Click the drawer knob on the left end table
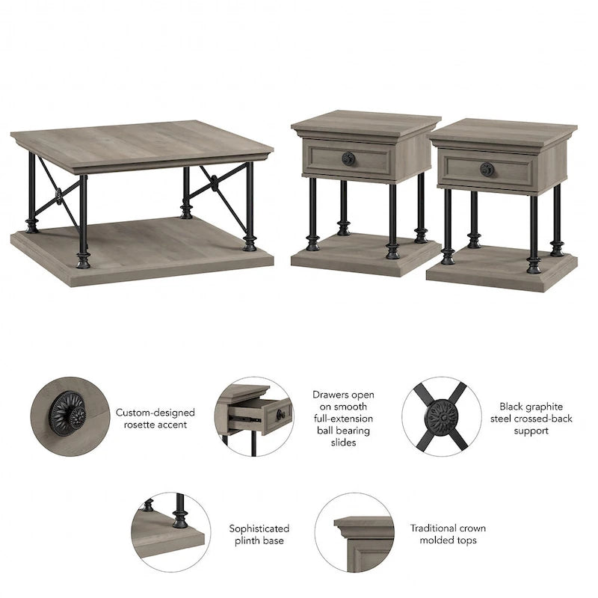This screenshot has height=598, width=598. click(x=348, y=158)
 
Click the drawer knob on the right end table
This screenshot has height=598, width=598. click(x=487, y=169)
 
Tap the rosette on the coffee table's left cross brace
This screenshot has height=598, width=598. click(x=58, y=196)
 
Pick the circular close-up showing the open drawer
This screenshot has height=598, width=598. click(x=253, y=416)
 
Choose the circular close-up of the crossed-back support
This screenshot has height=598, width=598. click(x=441, y=416)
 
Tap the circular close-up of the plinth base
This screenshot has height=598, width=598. click(x=170, y=532)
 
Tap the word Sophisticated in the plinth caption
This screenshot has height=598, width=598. click(x=259, y=528)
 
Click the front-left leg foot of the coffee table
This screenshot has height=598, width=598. click(x=83, y=262)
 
